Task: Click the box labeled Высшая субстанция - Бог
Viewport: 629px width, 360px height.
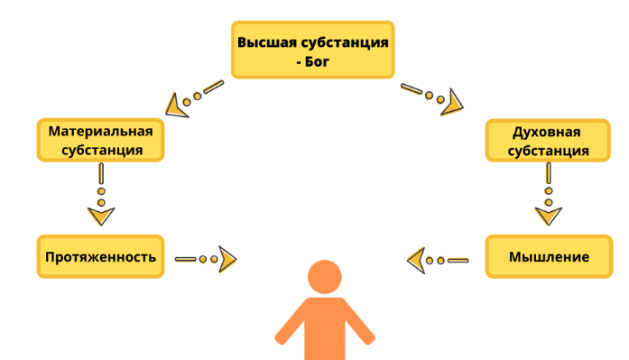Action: tap(313, 50)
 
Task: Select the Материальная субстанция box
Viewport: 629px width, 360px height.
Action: tap(101, 140)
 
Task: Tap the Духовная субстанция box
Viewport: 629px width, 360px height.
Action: tap(548, 141)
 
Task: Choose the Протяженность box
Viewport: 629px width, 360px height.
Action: tap(101, 256)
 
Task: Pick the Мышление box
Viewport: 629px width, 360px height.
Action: tap(549, 256)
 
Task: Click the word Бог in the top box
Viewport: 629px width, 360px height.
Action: tap(317, 61)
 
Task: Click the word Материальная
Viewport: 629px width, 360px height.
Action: tap(101, 131)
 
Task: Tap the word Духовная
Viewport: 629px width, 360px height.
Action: tap(546, 132)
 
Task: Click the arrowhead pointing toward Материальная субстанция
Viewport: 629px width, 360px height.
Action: tap(176, 107)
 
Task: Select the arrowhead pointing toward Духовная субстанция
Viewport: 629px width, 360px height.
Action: tap(452, 104)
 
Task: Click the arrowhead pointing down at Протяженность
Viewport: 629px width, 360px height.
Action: tap(101, 216)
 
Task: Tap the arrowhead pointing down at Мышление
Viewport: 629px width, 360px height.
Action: tap(549, 216)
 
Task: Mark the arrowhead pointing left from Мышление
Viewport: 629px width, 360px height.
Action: tap(416, 261)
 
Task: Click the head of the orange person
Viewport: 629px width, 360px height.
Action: tap(325, 277)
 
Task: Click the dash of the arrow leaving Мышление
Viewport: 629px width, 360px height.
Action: tap(458, 261)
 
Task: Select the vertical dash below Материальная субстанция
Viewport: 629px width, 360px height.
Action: tap(101, 173)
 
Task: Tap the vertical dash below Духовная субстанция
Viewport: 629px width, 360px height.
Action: tap(549, 173)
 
